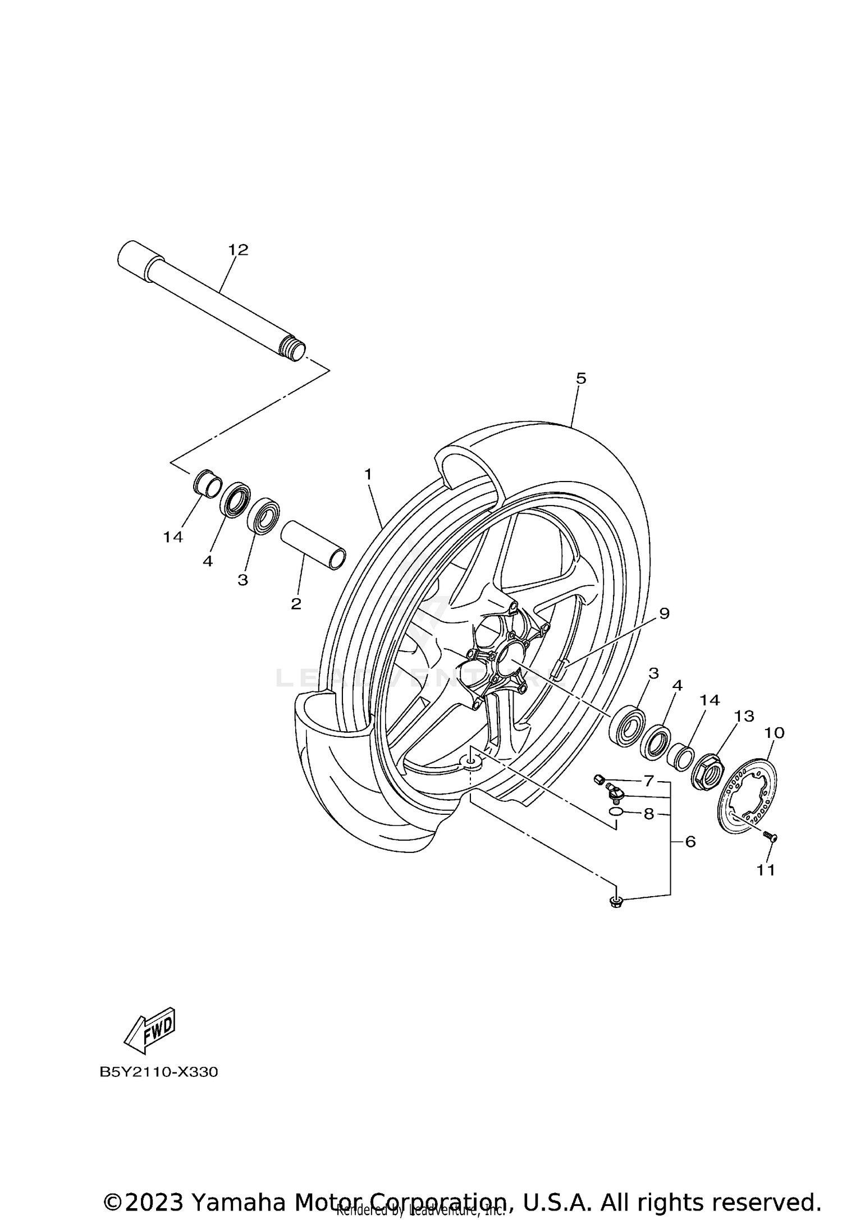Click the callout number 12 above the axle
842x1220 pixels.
pyautogui.click(x=238, y=250)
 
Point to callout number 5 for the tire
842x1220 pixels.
pyautogui.click(x=581, y=378)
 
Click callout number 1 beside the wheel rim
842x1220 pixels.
pyautogui.click(x=368, y=475)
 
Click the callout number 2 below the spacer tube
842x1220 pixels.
pyautogui.click(x=296, y=604)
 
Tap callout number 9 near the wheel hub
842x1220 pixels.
pyautogui.click(x=664, y=613)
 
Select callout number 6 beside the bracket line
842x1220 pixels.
pyautogui.click(x=690, y=842)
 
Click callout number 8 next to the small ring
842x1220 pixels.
pyautogui.click(x=649, y=814)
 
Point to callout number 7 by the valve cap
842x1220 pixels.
pyautogui.click(x=649, y=781)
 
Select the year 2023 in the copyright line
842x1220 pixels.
pyautogui.click(x=154, y=1187)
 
